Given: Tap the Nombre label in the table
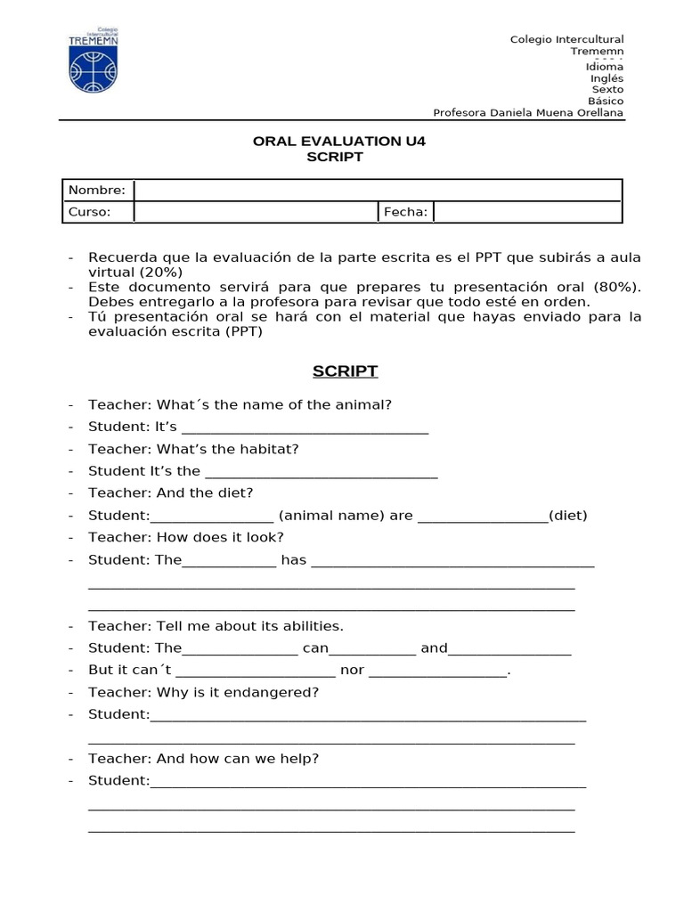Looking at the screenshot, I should click(97, 191).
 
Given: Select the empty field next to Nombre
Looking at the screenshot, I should click(378, 191).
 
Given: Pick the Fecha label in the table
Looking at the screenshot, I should click(405, 212).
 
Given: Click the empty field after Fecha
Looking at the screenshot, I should click(527, 212).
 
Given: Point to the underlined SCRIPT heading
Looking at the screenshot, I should click(346, 370).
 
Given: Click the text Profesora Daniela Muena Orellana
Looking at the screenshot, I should click(528, 112).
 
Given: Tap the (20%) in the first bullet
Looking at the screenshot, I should click(161, 272).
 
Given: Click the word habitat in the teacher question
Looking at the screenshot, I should click(271, 449).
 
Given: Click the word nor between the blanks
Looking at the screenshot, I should click(352, 670).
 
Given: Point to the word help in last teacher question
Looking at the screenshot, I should click(302, 759).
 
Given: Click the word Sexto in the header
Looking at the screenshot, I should click(607, 89).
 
